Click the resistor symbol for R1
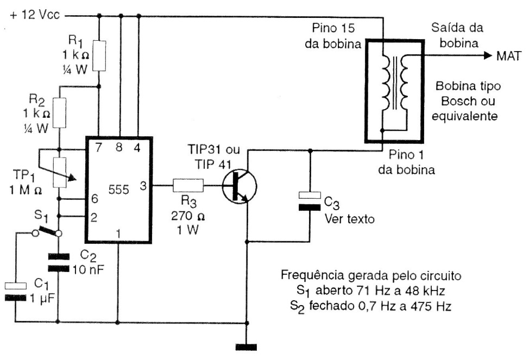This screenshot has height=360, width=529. point(99,55)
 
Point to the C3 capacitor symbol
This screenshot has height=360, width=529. point(310,200)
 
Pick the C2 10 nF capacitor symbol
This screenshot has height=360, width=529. point(58,263)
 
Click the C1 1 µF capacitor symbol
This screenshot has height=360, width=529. point(16,290)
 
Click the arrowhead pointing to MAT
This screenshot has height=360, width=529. point(484,55)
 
